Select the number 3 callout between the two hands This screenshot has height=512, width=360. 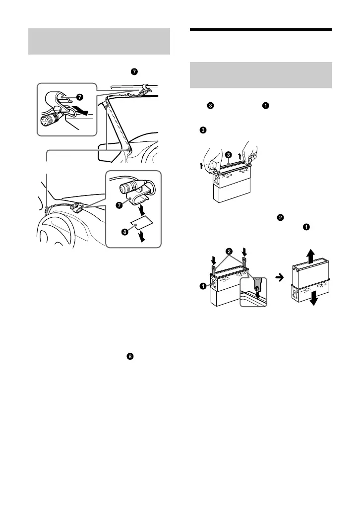click(228, 155)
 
